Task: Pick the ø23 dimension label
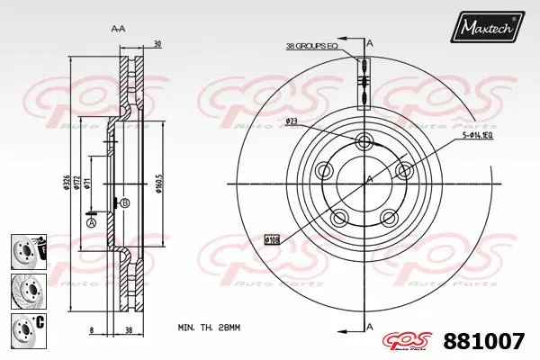[x=292, y=121]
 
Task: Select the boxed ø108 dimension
[x=272, y=239]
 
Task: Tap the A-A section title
[x=117, y=30]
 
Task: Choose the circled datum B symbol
[x=124, y=203]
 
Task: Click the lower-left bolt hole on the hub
[x=339, y=218]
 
